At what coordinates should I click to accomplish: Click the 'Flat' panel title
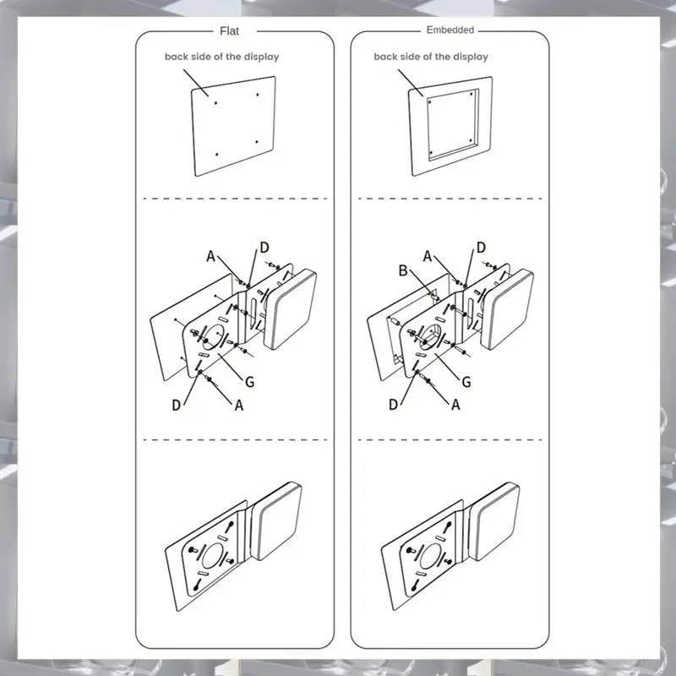click(229, 31)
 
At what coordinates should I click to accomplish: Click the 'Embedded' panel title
click(450, 30)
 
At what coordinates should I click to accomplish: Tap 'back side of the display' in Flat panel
click(221, 57)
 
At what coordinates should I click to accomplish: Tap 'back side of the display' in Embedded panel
click(431, 57)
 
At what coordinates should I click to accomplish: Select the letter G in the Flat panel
click(249, 382)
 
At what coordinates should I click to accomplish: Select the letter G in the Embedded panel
click(466, 382)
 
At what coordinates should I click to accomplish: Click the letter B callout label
click(403, 270)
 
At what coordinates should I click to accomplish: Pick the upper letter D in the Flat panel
click(264, 248)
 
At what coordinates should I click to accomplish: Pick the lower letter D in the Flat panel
click(176, 406)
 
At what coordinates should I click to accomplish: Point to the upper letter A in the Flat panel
click(210, 257)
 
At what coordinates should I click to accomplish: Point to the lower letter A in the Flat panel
click(239, 406)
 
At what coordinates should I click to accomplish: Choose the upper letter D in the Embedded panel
click(481, 248)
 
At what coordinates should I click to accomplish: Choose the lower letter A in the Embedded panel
click(455, 405)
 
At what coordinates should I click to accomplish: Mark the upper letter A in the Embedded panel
click(428, 257)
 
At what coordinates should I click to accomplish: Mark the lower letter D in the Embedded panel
click(393, 406)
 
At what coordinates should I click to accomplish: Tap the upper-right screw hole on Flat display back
click(258, 95)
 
